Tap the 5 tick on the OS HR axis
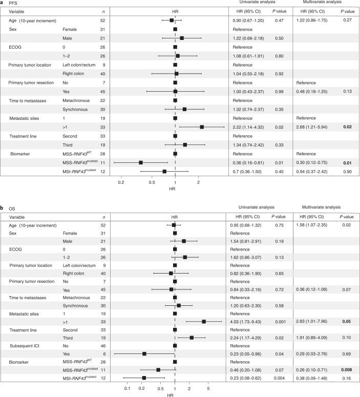[208, 388]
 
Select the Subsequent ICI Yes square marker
[144, 353]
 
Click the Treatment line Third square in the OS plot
[192, 338]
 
